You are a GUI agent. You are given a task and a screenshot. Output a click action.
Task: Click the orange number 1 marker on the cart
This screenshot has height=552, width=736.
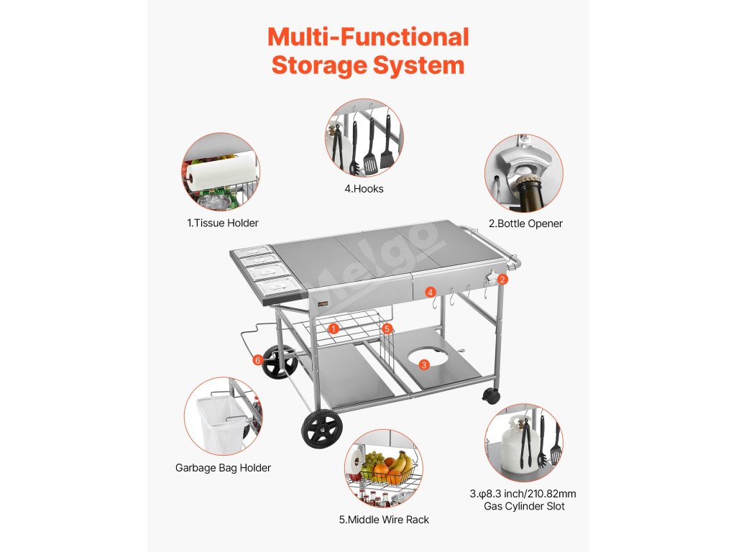click(333, 328)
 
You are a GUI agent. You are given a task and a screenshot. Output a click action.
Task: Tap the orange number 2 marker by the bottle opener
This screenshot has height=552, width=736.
click(502, 280)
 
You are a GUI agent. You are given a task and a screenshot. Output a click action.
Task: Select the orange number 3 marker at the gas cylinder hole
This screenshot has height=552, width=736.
click(424, 364)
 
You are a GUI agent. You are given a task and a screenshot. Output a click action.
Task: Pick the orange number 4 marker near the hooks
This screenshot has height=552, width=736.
click(431, 293)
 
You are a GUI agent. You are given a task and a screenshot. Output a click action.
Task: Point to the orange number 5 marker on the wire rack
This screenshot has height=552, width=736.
click(387, 328)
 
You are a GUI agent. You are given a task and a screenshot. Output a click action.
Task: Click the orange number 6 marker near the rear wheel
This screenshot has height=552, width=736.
click(257, 360)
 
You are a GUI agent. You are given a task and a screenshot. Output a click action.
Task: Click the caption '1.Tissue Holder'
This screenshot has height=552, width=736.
click(223, 223)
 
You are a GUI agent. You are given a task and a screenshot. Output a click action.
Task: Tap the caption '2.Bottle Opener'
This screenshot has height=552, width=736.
click(525, 224)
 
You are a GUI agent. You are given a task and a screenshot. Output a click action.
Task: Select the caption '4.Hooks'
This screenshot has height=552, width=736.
click(364, 189)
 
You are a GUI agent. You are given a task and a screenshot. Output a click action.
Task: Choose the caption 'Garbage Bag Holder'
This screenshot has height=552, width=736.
click(223, 467)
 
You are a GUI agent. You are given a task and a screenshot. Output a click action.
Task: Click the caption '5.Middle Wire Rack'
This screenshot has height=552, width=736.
click(384, 520)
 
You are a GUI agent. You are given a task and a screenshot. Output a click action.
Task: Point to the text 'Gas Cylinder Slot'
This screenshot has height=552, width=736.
click(524, 506)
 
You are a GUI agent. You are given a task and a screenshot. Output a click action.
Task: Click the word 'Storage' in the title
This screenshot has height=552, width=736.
click(319, 65)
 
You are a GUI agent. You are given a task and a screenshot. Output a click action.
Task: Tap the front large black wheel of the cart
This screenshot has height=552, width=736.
click(322, 429)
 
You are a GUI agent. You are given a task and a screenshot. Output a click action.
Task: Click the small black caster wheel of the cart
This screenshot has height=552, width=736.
click(491, 396)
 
